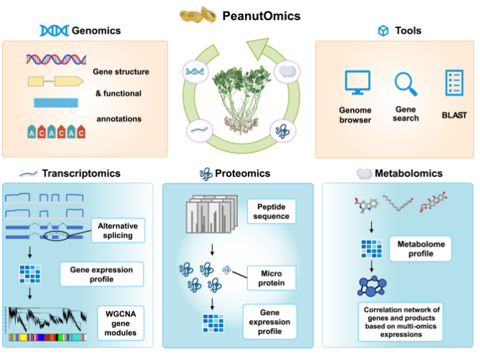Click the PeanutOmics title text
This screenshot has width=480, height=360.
261,16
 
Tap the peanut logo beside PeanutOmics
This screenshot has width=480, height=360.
197,14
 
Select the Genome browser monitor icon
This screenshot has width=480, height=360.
357,82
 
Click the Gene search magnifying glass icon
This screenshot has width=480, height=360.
406,84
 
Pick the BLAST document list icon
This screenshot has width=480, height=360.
454,83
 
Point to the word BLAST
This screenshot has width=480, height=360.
454,115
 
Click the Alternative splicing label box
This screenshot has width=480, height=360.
118,230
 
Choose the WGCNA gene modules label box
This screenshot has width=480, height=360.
120,323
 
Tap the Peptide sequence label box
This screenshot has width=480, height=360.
272,212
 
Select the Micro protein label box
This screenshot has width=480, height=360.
272,278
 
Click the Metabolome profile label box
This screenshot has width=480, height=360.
421,248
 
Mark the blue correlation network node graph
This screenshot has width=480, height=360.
372,287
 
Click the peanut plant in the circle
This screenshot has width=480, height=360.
241,100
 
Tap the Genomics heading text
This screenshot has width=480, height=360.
96,30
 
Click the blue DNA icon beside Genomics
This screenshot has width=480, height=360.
54,30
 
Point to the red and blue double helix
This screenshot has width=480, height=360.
56,59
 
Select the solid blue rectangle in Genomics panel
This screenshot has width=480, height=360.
55,103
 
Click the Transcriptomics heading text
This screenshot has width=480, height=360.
81,174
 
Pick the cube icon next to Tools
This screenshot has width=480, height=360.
383,30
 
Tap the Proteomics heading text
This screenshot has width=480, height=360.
242,174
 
